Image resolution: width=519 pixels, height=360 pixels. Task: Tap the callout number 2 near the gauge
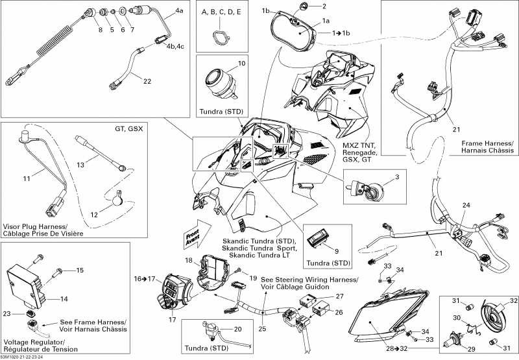pyautogui.click(x=324, y=6)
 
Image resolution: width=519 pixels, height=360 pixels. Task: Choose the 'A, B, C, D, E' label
pyautogui.click(x=221, y=12)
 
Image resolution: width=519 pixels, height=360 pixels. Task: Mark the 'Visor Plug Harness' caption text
pyautogui.click(x=32, y=229)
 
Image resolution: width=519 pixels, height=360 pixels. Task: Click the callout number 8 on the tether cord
pyautogui.click(x=100, y=29)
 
